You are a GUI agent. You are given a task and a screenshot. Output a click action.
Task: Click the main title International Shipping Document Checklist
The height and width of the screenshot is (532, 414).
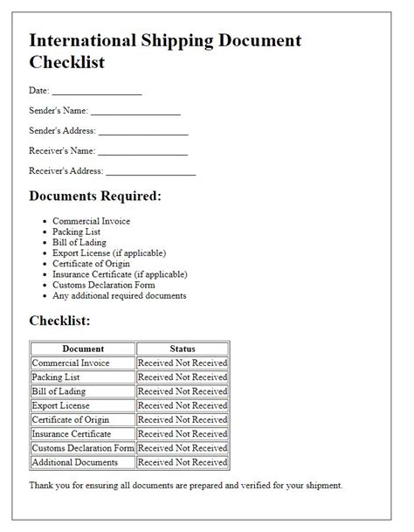pyautogui.click(x=165, y=52)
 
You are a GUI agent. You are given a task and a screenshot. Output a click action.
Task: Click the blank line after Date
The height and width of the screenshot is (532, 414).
pyautogui.click(x=96, y=92)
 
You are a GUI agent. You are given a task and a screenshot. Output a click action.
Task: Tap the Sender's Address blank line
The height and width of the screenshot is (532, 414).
pyautogui.click(x=143, y=132)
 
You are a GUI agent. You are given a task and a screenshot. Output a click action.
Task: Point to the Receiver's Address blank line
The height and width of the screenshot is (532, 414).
pyautogui.click(x=149, y=171)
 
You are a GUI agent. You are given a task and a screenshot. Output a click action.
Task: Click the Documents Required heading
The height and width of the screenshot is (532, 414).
pyautogui.click(x=95, y=196)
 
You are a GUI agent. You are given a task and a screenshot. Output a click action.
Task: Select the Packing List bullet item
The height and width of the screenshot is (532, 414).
pyautogui.click(x=77, y=232)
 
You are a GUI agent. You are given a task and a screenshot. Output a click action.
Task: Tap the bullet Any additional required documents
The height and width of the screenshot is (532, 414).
pyautogui.click(x=120, y=295)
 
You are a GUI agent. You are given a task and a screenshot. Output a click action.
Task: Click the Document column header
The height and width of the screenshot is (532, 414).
pyautogui.click(x=83, y=349)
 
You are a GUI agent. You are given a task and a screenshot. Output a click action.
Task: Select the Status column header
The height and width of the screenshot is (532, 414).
pyautogui.click(x=183, y=349)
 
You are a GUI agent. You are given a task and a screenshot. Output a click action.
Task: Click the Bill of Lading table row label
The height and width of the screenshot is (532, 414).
pyautogui.click(x=59, y=391)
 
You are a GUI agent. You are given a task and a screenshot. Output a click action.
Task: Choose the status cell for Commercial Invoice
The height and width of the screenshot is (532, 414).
pyautogui.click(x=183, y=363)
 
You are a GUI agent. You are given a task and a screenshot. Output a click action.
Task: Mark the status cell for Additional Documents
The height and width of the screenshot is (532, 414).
pyautogui.click(x=183, y=462)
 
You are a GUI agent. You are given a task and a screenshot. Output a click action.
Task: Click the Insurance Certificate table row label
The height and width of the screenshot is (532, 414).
pyautogui.click(x=71, y=433)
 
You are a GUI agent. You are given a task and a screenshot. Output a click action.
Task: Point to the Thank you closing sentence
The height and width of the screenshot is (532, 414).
pyautogui.click(x=186, y=485)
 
